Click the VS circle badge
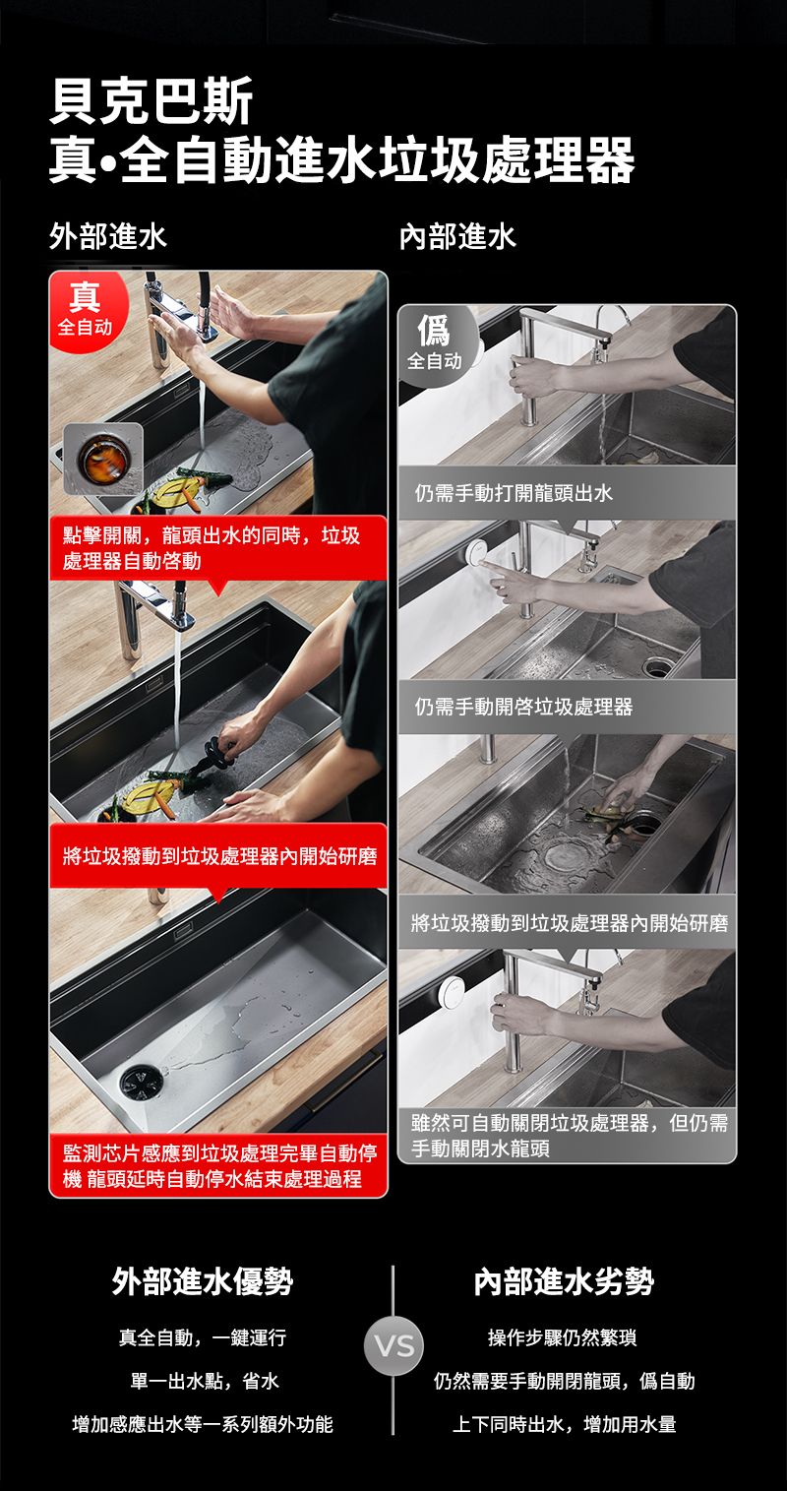(393, 1345)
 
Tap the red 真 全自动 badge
(87, 311)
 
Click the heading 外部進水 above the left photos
(108, 236)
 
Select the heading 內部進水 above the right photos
(457, 236)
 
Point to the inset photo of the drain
(103, 459)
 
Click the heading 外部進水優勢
(203, 1281)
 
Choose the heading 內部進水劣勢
(564, 1281)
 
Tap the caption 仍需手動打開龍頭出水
(514, 493)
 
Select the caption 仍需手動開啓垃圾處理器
(523, 707)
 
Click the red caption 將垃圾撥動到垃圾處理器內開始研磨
(219, 856)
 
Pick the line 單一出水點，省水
(205, 1381)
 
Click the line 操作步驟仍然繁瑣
(562, 1337)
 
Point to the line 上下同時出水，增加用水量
(564, 1424)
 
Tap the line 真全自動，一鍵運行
(203, 1337)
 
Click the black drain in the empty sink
(141, 1083)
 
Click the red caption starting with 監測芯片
(218, 1166)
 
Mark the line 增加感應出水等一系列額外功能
(203, 1424)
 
